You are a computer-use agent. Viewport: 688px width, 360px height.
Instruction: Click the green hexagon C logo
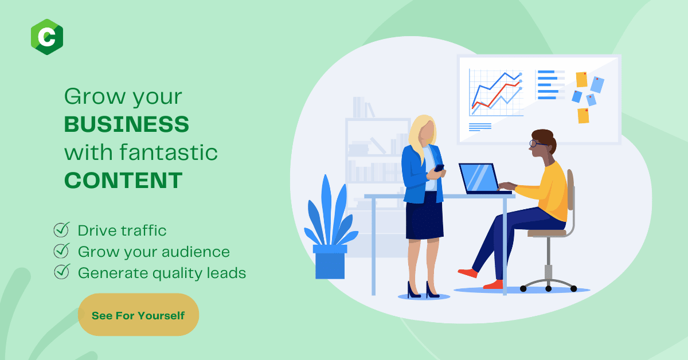pyautogui.click(x=47, y=37)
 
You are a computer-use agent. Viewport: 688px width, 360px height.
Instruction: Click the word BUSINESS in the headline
pyautogui.click(x=127, y=124)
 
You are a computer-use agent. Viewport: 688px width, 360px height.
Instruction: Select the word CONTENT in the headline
pyautogui.click(x=123, y=181)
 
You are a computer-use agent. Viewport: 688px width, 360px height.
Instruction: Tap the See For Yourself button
pyautogui.click(x=138, y=315)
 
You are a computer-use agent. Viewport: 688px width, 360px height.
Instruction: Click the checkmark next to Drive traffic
pyautogui.click(x=61, y=229)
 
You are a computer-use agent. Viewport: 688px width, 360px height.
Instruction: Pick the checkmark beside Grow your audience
pyautogui.click(x=61, y=251)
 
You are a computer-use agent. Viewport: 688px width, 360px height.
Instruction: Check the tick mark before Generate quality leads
pyautogui.click(x=62, y=272)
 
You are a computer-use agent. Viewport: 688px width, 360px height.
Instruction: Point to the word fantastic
pyautogui.click(x=169, y=152)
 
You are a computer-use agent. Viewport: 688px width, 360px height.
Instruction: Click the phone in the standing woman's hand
pyautogui.click(x=439, y=168)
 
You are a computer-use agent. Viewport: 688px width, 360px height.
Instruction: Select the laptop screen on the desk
pyautogui.click(x=479, y=178)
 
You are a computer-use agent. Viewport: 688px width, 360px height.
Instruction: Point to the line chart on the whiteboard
pyautogui.click(x=496, y=92)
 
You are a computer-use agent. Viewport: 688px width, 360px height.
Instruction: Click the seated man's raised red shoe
pyautogui.click(x=468, y=273)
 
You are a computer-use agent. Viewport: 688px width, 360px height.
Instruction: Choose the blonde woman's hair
pyautogui.click(x=422, y=135)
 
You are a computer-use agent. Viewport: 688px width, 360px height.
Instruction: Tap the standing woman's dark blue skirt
pyautogui.click(x=424, y=217)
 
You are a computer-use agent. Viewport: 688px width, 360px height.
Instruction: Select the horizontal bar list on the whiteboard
pyautogui.click(x=550, y=85)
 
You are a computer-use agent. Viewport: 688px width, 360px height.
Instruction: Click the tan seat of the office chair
pyautogui.click(x=547, y=233)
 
